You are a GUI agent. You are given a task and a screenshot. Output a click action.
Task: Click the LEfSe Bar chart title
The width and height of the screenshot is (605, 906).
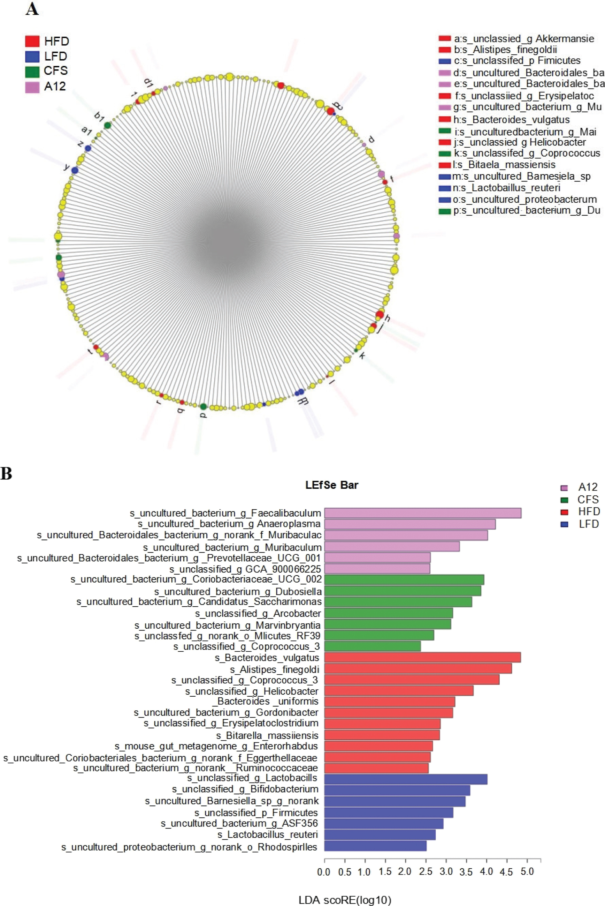[331, 485]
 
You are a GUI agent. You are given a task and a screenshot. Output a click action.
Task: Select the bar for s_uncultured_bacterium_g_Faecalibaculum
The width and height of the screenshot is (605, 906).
[422, 513]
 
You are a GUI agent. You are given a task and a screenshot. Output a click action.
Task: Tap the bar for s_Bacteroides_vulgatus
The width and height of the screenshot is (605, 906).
[422, 657]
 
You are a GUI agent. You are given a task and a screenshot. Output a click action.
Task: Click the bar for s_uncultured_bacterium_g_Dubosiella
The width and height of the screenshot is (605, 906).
[403, 591]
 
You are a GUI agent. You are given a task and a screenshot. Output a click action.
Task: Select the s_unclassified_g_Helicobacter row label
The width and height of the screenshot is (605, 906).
[252, 691]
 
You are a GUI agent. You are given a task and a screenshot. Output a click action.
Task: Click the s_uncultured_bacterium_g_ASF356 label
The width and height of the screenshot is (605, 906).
[239, 823]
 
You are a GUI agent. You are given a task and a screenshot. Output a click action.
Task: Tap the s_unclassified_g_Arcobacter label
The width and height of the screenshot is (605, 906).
[258, 613]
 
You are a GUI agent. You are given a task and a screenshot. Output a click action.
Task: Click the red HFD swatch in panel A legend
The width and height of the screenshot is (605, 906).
[32, 41]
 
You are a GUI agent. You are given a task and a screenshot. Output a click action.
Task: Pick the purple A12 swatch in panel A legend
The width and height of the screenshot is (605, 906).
[32, 86]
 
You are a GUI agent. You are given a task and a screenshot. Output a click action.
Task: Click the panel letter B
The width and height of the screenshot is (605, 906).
[6, 474]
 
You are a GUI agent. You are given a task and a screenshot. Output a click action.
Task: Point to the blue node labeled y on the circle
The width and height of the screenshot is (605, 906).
[75, 170]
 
